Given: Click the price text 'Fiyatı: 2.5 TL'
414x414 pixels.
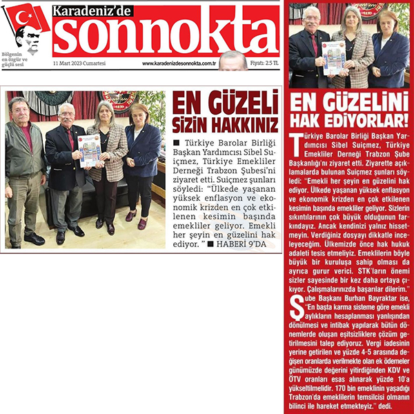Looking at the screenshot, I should pos(264,63).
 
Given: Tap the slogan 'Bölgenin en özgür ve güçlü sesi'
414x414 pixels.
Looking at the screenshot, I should pos(17,60).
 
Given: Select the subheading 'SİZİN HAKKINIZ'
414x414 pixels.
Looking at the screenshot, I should pos(225,126).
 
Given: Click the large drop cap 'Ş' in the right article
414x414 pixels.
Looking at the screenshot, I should pos(298,308).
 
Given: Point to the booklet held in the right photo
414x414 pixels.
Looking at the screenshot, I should pos(333,57).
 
